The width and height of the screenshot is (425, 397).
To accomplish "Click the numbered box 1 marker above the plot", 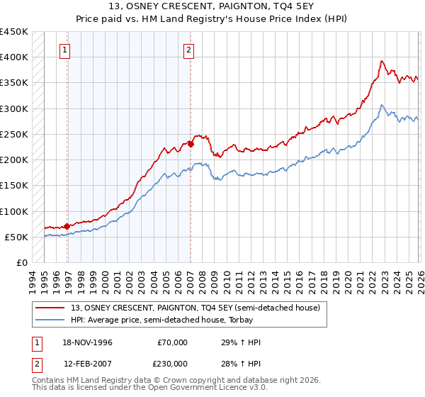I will [x=65, y=50].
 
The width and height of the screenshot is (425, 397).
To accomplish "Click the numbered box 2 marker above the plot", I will [x=189, y=50].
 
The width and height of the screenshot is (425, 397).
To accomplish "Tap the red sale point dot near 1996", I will [x=67, y=226].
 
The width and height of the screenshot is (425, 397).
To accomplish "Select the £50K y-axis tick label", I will [x=16, y=237].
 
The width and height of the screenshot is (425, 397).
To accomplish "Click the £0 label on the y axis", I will [x=21, y=262].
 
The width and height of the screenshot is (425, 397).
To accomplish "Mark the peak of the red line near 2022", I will [x=381, y=61].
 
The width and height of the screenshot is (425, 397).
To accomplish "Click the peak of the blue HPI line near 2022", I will [x=381, y=106].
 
